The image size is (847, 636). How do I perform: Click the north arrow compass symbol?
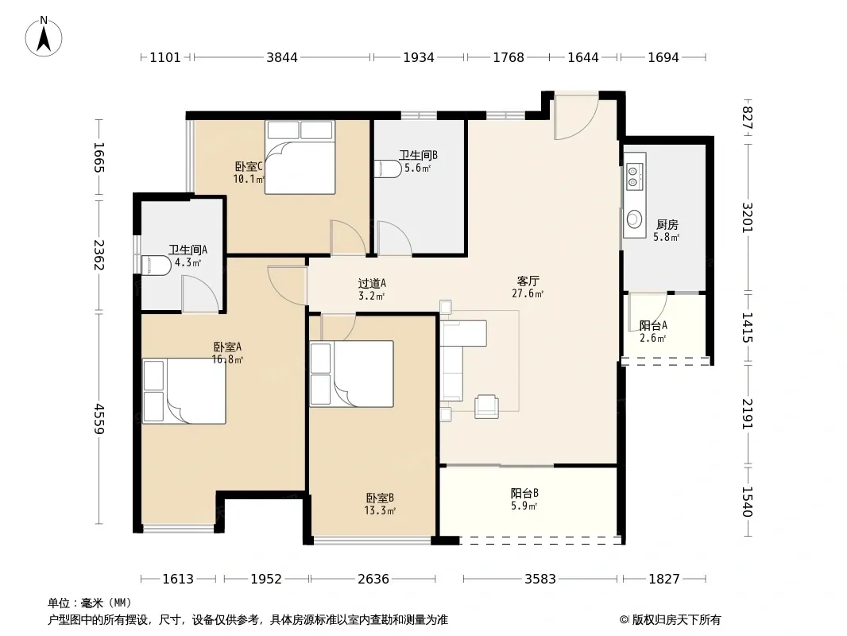pyautogui.click(x=44, y=37)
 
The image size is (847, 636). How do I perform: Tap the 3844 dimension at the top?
pyautogui.click(x=282, y=57)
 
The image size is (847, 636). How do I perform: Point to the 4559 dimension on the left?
pyautogui.click(x=99, y=418)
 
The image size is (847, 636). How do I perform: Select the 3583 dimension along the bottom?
pyautogui.click(x=540, y=579)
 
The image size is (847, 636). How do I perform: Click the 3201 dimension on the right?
pyautogui.click(x=747, y=217)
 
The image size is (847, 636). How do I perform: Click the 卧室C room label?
pyautogui.click(x=249, y=166)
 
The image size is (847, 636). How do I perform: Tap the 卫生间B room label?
pyautogui.click(x=418, y=155)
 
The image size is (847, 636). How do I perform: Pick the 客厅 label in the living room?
pyautogui.click(x=528, y=281)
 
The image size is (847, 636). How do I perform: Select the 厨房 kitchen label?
pyautogui.click(x=667, y=224)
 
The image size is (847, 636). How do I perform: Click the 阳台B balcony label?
pyautogui.click(x=524, y=494)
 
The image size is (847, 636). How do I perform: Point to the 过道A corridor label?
pyautogui.click(x=372, y=283)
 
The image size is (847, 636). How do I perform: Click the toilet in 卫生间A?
pyautogui.click(x=156, y=266)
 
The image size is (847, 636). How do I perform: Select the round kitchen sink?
pyautogui.click(x=634, y=220)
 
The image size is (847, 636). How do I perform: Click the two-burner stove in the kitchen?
pyautogui.click(x=634, y=174)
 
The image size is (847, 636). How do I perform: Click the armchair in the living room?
pyautogui.click(x=486, y=406)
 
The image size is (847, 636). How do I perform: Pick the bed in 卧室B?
pyautogui.click(x=352, y=374)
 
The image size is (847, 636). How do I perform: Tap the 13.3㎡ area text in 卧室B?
pyautogui.click(x=380, y=510)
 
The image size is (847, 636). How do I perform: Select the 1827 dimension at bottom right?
pyautogui.click(x=664, y=579)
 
